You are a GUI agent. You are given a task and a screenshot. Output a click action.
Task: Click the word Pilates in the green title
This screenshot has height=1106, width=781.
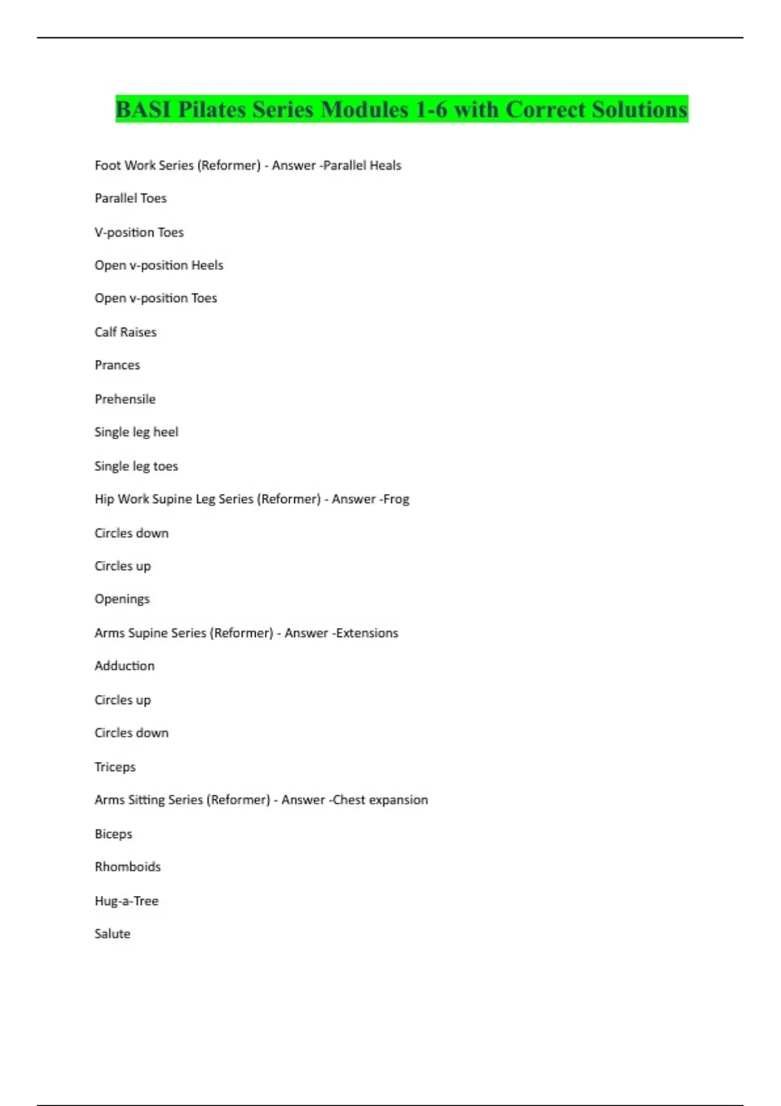[212, 110]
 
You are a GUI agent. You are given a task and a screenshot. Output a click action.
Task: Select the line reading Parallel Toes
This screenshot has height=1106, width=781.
[130, 198]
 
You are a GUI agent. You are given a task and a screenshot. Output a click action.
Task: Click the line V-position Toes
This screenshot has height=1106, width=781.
[139, 232]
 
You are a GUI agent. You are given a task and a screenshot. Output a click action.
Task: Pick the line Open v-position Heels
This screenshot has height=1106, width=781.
[159, 265]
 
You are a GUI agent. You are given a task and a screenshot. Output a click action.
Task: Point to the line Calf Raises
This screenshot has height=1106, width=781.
[125, 332]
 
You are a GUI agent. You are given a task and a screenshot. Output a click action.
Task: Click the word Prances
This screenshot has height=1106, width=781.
[117, 365]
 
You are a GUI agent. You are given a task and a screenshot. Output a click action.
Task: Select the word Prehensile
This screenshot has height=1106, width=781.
[125, 399]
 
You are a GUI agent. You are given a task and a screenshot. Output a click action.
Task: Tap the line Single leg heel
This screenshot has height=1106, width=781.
[136, 432]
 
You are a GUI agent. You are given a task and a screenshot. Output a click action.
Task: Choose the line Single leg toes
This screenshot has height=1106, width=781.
[136, 466]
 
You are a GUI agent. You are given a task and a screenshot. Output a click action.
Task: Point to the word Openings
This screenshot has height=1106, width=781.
[122, 599]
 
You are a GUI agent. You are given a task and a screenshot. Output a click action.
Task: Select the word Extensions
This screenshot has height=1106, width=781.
[367, 633]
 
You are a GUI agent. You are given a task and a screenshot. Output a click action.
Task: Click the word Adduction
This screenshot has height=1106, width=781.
[124, 666]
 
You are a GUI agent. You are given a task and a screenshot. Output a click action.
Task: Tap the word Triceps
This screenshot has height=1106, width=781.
[115, 767]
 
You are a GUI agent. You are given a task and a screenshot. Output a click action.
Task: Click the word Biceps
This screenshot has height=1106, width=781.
[113, 834]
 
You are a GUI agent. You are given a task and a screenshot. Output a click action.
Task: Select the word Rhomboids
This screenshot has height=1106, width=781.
[128, 867]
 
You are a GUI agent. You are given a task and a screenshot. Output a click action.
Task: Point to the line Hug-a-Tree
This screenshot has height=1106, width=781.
[126, 901]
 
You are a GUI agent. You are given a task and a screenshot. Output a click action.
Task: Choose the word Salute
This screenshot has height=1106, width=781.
[112, 934]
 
